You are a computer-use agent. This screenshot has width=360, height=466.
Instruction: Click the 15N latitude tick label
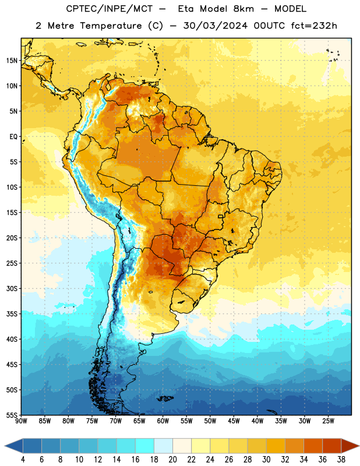pyautogui.click(x=12, y=61)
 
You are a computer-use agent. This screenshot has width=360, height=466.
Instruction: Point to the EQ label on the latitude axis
pyautogui.click(x=13, y=137)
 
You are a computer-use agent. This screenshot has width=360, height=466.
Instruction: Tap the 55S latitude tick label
pyautogui.click(x=12, y=415)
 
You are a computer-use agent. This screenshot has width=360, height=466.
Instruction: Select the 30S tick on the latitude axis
pyautogui.click(x=12, y=288)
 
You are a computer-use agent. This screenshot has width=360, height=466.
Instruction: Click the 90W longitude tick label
pyautogui.click(x=21, y=421)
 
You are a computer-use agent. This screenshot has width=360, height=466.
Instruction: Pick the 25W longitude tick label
pyautogui.click(x=328, y=421)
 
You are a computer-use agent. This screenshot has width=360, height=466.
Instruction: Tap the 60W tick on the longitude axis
pyautogui.click(x=163, y=421)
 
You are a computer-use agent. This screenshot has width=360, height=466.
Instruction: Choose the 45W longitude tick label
pyautogui.click(x=234, y=421)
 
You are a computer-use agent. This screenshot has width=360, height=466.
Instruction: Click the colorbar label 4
pyautogui.click(x=23, y=460)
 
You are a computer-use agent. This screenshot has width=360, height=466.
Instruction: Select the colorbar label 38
pyautogui.click(x=341, y=460)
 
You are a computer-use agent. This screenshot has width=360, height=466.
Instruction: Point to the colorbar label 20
pyautogui.click(x=172, y=460)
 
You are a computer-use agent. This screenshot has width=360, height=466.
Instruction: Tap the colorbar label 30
pyautogui.click(x=266, y=460)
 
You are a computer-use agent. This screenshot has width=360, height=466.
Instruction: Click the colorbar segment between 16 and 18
pyautogui.click(x=145, y=446)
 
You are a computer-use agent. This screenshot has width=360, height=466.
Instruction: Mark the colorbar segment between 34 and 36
pyautogui.click(x=313, y=446)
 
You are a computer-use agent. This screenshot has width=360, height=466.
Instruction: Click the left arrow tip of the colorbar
pyautogui.click(x=5, y=446)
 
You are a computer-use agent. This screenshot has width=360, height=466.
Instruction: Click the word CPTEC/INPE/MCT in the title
pyautogui.click(x=110, y=9)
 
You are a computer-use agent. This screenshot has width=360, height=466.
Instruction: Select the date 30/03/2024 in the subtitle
pyautogui.click(x=215, y=26)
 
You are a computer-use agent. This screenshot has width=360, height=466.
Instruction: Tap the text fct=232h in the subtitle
pyautogui.click(x=314, y=26)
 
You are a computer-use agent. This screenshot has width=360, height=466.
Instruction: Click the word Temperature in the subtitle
pyautogui.click(x=111, y=26)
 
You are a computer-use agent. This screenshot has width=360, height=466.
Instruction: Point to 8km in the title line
pyautogui.click(x=243, y=9)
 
